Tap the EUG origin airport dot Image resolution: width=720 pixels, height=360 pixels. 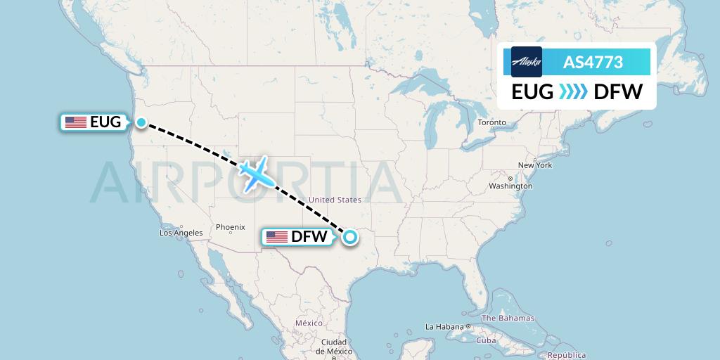141,122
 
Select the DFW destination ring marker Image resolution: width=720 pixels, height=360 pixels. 349,238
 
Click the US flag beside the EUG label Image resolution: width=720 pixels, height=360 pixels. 75,122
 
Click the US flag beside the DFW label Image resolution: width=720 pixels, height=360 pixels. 276,237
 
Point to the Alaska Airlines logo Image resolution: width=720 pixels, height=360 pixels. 527,62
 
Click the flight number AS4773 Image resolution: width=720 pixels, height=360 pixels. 593,62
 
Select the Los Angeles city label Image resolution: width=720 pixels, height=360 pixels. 181,233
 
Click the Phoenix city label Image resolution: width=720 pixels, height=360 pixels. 230,227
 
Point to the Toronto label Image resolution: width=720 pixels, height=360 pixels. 491,122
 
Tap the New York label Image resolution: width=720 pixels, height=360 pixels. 535,165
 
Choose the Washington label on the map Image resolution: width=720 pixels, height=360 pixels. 511,186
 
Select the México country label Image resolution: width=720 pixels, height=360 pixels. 308,322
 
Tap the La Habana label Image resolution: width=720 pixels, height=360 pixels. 444,327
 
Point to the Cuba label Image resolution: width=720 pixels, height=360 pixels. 487,340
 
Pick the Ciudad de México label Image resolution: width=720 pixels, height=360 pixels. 335,347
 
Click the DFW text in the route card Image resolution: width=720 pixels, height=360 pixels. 618,91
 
